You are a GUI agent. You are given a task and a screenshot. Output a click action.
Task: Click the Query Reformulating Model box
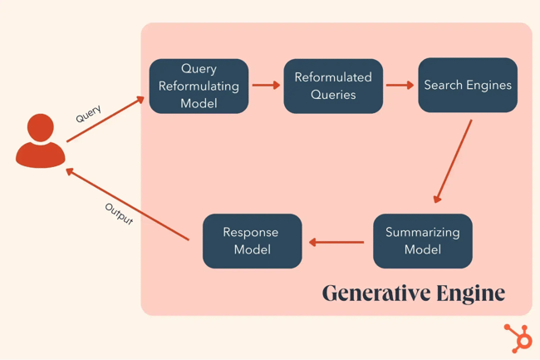199,86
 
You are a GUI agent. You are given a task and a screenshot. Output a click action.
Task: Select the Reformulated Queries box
333,86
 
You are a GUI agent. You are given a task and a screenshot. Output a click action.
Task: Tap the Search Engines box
468,85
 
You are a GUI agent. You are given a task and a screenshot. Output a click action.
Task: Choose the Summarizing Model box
422,241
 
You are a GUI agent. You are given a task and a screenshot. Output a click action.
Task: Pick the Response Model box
252,241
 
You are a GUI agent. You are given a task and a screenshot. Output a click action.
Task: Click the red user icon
41,142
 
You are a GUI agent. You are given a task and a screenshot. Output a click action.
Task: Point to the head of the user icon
41,128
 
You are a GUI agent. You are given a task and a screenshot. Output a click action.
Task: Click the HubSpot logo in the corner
518,338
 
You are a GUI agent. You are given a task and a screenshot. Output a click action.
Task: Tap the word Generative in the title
371,293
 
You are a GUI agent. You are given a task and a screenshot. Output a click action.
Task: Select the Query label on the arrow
88,115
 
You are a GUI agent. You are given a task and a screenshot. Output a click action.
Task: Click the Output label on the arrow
119,214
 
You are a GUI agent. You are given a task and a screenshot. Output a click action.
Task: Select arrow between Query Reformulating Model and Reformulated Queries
266,85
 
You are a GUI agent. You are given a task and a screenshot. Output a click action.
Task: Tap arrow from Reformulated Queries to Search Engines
400,85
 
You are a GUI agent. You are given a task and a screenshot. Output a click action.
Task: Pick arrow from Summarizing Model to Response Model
336,243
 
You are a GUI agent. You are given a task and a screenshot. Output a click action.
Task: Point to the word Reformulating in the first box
199,86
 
